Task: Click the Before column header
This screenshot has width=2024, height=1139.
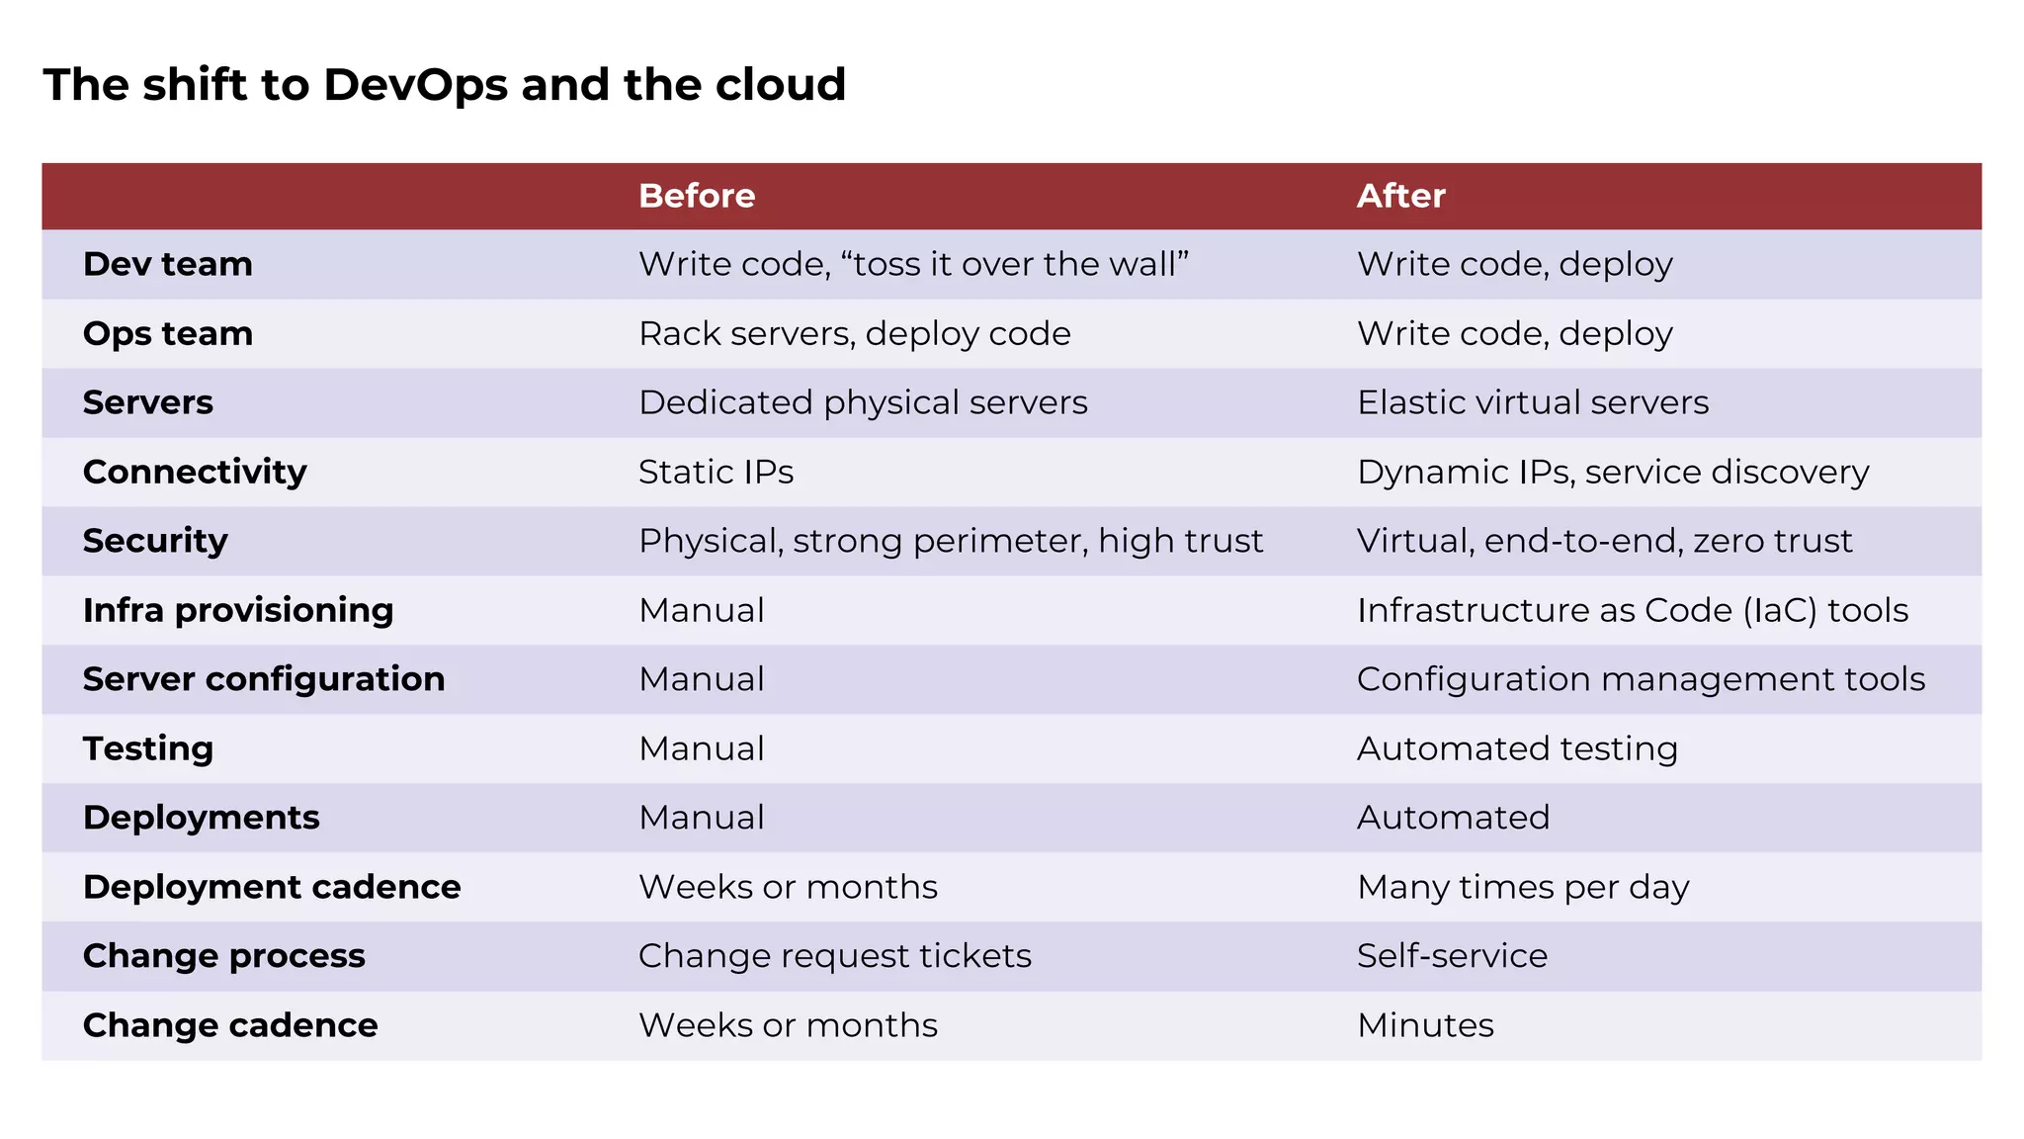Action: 697,196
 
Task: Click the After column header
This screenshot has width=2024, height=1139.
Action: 1400,196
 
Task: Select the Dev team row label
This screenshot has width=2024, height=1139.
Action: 168,264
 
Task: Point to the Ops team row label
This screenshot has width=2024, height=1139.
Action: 168,333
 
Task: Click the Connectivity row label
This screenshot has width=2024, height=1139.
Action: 195,472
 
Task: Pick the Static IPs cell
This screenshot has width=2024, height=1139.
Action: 716,472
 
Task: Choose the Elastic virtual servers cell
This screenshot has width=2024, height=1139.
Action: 1532,402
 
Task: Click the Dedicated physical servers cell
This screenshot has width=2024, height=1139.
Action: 862,402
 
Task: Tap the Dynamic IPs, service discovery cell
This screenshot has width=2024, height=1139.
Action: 1612,472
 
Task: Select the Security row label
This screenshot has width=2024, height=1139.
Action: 155,541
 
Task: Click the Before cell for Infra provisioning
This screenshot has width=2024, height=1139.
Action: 701,610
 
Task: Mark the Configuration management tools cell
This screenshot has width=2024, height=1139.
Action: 1640,679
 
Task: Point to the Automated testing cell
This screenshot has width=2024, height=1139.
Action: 1516,748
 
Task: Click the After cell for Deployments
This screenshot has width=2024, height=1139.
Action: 1452,818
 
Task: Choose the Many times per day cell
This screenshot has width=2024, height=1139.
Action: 1522,887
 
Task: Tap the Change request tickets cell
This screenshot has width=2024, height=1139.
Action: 834,956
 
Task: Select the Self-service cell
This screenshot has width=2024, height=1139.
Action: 1451,956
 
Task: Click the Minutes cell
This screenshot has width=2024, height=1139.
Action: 1424,1025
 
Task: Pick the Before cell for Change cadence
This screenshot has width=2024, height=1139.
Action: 787,1025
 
